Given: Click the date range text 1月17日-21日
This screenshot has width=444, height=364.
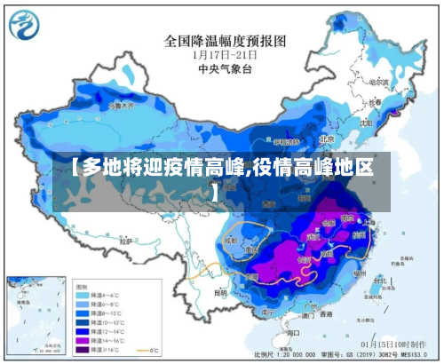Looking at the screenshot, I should (224, 55).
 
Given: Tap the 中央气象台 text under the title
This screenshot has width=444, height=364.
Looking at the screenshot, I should (224, 68).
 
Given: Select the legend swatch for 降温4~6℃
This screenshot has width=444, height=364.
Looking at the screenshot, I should (82, 295).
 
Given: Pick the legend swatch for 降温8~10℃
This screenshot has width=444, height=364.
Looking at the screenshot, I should (82, 313).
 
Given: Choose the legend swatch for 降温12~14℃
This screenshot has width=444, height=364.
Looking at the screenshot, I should (82, 330).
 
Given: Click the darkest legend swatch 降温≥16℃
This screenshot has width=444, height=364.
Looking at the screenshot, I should (82, 348).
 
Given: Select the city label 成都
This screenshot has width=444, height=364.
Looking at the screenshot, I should (232, 239).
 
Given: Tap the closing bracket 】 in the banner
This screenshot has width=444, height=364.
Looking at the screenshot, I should (214, 190).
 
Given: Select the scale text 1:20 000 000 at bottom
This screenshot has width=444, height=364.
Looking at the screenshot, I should (299, 355).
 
